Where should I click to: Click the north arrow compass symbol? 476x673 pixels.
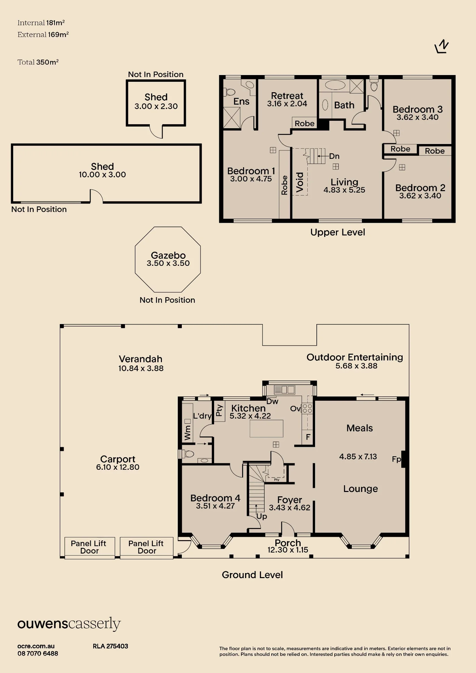[x=442, y=46]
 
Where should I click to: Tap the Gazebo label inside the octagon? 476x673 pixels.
[x=168, y=255]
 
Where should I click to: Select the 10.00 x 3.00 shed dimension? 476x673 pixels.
[x=102, y=175]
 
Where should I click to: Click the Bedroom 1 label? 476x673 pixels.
[x=251, y=171]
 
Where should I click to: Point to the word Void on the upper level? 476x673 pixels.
[x=300, y=182]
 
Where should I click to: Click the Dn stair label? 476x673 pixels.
[x=334, y=156]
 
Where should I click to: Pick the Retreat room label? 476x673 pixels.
[x=287, y=96]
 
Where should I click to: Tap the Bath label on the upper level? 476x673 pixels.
[x=344, y=105]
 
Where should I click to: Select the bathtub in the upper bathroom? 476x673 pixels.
[x=335, y=85]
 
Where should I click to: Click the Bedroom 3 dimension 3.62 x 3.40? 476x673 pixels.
[x=417, y=117]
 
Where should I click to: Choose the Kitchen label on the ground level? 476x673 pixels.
[x=248, y=408]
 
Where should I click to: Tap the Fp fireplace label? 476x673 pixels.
[x=397, y=459]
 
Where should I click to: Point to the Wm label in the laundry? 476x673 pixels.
[x=188, y=433]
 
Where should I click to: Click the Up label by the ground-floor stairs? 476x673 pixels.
[x=262, y=517]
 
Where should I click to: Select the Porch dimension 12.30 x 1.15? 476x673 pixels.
[x=288, y=550]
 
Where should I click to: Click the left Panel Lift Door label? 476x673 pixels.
[x=89, y=547]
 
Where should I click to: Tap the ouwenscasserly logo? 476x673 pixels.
[x=69, y=624]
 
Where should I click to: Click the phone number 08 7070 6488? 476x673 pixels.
[x=38, y=653]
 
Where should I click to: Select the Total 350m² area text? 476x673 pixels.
[x=38, y=62]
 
